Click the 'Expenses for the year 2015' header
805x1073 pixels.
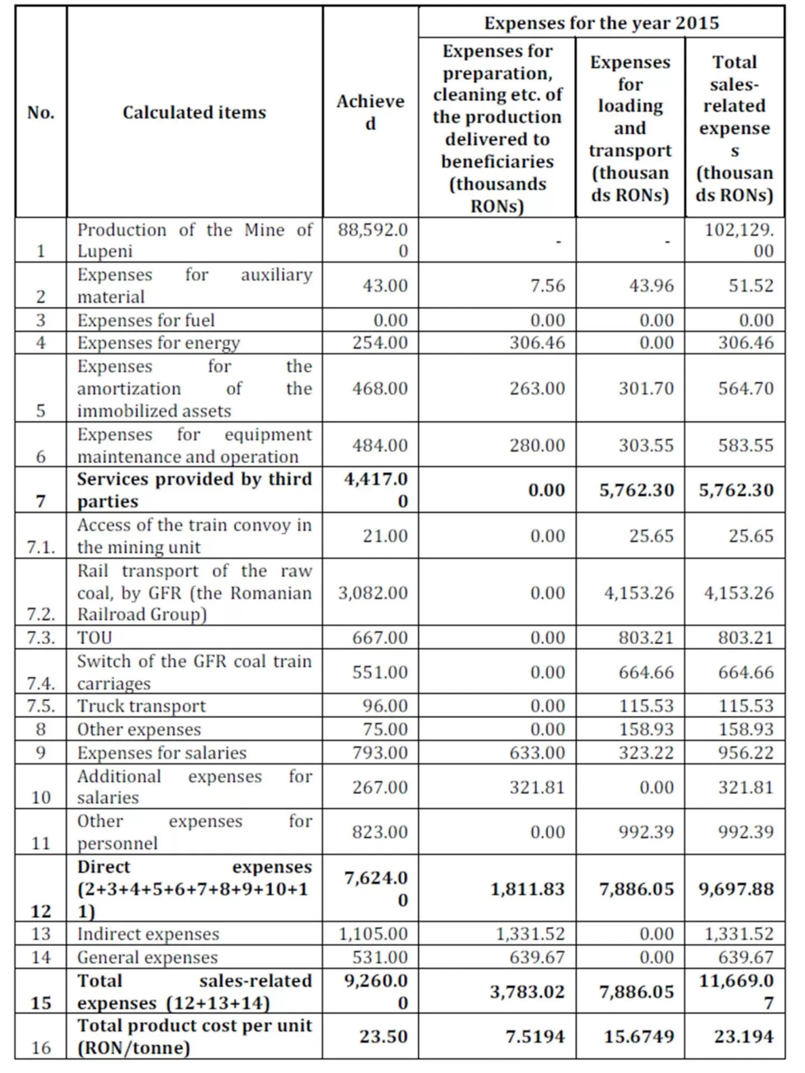[x=601, y=23]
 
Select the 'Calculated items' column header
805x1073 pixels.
[x=194, y=112]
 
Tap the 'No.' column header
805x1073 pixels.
[x=41, y=112]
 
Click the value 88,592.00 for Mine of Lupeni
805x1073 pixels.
[x=373, y=240]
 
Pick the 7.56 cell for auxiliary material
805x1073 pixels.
[x=548, y=286]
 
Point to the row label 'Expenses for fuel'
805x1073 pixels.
[x=146, y=320]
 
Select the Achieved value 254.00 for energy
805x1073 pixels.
[x=380, y=343]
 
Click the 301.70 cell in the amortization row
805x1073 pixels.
[x=646, y=388]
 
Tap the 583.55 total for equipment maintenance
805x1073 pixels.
[x=746, y=445]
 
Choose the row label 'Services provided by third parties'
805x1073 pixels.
[x=194, y=490]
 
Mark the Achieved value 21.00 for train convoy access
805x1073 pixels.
[x=385, y=536]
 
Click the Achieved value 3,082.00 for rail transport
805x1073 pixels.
[x=373, y=593]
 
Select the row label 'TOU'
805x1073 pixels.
[x=94, y=638]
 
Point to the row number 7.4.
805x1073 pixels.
[x=41, y=683]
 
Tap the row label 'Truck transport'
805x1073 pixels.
[x=141, y=706]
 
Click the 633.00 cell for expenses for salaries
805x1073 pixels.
[x=537, y=753]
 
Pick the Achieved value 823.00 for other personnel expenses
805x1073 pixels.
[x=380, y=832]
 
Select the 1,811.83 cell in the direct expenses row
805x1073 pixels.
[x=528, y=889]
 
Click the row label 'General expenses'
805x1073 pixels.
[x=147, y=957]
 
